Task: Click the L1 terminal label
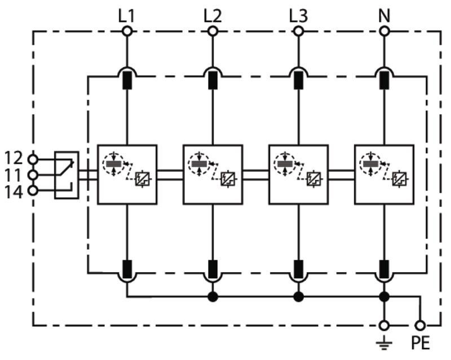pos(126,16)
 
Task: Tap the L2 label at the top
pos(213,16)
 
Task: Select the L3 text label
pos(298,16)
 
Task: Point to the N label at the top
pos(384,16)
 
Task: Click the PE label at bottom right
pos(420,343)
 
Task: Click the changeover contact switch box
pos(67,175)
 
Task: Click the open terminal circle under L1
pos(127,31)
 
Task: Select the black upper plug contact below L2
pos(213,80)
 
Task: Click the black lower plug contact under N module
pos(384,269)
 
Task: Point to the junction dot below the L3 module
pos(298,296)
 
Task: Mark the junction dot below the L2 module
pos(213,296)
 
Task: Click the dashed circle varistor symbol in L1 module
pos(113,164)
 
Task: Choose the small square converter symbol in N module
pos(400,179)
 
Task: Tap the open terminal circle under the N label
pos(384,31)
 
